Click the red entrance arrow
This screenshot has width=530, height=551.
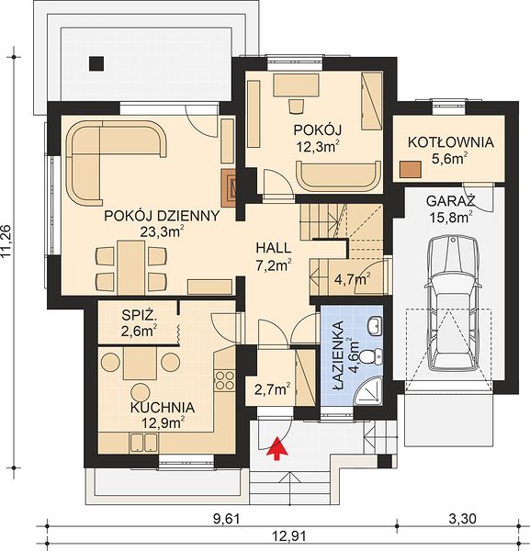(278, 448)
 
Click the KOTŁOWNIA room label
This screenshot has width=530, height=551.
(451, 142)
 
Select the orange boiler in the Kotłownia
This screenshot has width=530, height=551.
(411, 169)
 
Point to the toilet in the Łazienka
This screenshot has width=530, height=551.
(373, 357)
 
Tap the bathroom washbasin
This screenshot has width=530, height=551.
(375, 325)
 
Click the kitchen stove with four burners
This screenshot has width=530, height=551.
(224, 380)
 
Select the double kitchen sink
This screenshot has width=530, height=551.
(143, 442)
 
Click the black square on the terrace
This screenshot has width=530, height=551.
(96, 63)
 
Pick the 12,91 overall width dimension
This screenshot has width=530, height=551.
(285, 536)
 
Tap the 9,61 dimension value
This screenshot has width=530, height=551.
(227, 518)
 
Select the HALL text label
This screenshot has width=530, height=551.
(274, 248)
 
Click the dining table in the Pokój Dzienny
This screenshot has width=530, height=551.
(131, 268)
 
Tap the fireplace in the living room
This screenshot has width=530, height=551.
(228, 187)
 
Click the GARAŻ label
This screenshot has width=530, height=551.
(451, 201)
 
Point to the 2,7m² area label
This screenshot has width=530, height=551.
(273, 389)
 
